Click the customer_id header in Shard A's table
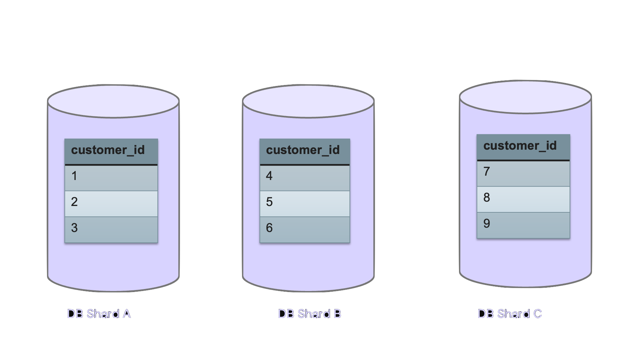pyautogui.click(x=108, y=150)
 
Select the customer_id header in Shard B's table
pyautogui.click(x=303, y=150)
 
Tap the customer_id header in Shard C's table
pyautogui.click(x=520, y=146)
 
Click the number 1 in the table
pyautogui.click(x=74, y=176)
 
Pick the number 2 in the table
pyautogui.click(x=74, y=202)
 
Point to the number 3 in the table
pyautogui.click(x=74, y=228)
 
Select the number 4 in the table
pyautogui.click(x=269, y=176)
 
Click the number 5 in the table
pyautogui.click(x=269, y=202)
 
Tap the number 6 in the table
pyautogui.click(x=269, y=228)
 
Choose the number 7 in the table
pyautogui.click(x=487, y=171)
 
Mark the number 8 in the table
pyautogui.click(x=487, y=197)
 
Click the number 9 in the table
pyautogui.click(x=487, y=223)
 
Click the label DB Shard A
pyautogui.click(x=99, y=314)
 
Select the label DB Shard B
pyautogui.click(x=310, y=314)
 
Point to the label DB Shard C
pyautogui.click(x=510, y=314)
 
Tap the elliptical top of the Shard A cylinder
pyautogui.click(x=113, y=101)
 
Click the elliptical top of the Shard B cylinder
pyautogui.click(x=308, y=101)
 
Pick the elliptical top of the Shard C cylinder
pyautogui.click(x=525, y=97)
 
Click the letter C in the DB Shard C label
pyautogui.click(x=538, y=314)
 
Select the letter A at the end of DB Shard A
pyautogui.click(x=127, y=314)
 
